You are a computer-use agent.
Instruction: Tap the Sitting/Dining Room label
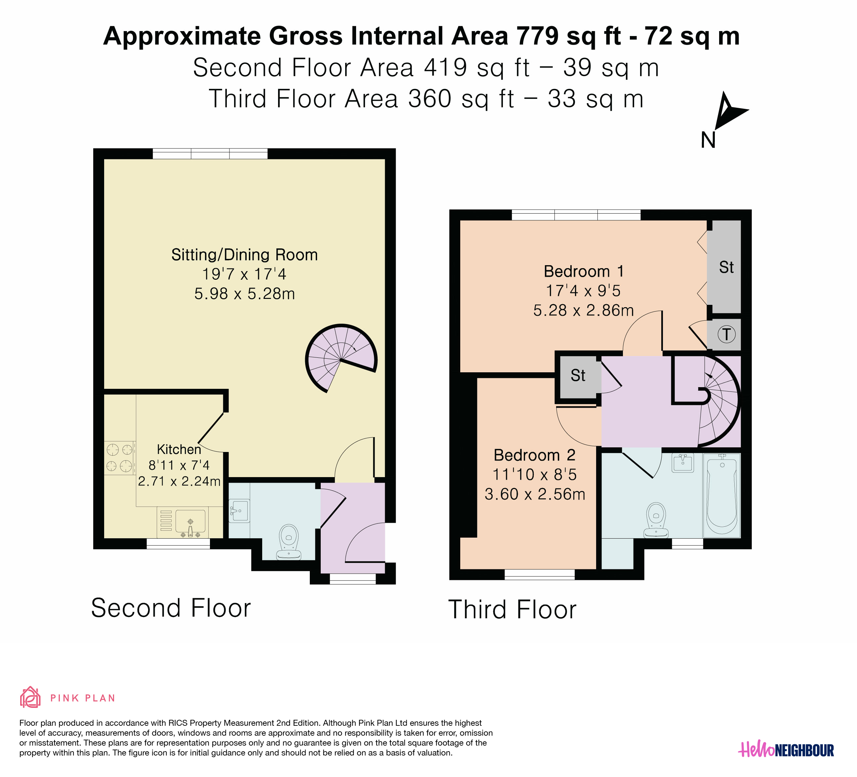tap(244, 255)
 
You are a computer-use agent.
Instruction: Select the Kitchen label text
tap(179, 449)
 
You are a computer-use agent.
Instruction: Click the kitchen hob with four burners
tap(119, 458)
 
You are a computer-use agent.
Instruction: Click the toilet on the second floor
tap(289, 542)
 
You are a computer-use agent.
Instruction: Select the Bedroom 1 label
tap(584, 271)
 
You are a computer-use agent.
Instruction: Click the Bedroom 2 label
tap(534, 455)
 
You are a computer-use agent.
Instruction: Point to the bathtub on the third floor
tap(721, 495)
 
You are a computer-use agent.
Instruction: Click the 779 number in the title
tap(538, 36)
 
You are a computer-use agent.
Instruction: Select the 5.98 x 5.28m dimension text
tap(244, 294)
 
